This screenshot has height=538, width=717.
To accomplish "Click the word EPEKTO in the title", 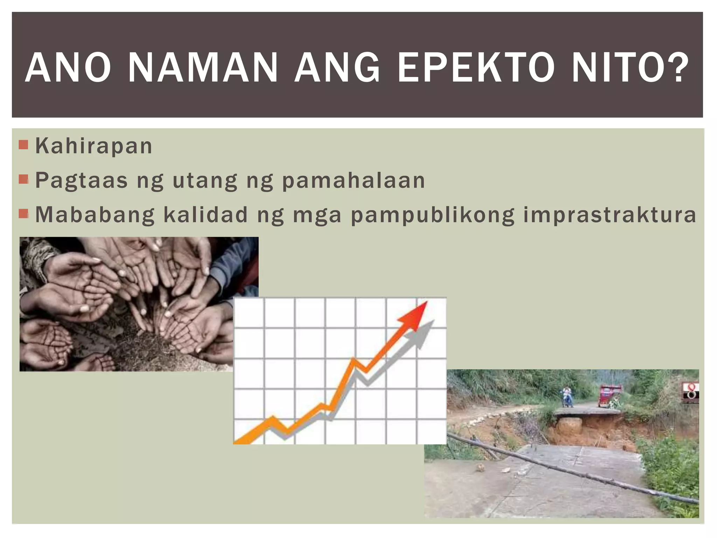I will (x=476, y=68).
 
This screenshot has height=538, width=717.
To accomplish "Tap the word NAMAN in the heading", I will (x=203, y=68).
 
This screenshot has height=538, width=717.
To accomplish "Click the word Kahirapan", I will (x=94, y=146).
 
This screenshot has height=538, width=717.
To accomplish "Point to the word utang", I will (x=205, y=181).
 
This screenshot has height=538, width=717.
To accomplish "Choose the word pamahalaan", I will (x=354, y=181).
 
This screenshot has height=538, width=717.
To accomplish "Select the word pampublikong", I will (x=433, y=215).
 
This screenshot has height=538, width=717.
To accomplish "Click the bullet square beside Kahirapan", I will (x=23, y=144).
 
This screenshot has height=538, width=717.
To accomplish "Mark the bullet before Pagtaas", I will (x=23, y=179).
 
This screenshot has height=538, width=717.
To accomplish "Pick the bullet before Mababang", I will (x=23, y=213).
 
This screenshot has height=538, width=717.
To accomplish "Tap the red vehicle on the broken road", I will (x=610, y=396).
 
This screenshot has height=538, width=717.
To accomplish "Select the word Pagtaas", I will (x=82, y=181).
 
